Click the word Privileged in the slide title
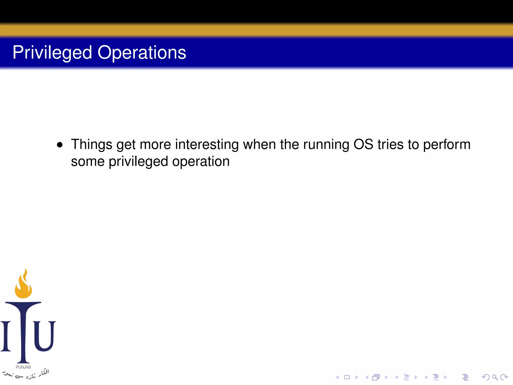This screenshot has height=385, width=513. click(x=52, y=53)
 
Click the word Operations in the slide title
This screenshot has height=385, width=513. click(x=142, y=53)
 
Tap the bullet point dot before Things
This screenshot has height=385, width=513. click(x=60, y=145)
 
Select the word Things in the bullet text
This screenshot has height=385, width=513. click(x=91, y=145)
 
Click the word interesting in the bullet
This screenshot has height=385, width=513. click(x=207, y=145)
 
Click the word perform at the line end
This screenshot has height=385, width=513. click(x=447, y=145)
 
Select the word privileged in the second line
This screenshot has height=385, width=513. click(x=138, y=162)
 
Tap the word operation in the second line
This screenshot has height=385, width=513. click(x=201, y=162)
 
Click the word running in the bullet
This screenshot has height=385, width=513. click(x=326, y=145)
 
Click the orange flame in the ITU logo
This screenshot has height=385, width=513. click(x=23, y=284)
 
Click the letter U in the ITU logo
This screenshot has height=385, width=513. click(x=44, y=336)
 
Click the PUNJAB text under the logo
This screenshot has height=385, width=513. click(x=23, y=367)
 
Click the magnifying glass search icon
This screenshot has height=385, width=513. click(x=495, y=377)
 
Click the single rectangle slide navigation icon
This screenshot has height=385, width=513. click(x=347, y=377)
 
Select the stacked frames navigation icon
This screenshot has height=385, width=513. click(x=376, y=377)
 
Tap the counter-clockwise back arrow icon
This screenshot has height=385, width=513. click(x=485, y=377)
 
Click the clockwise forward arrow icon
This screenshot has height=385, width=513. click(x=504, y=377)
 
